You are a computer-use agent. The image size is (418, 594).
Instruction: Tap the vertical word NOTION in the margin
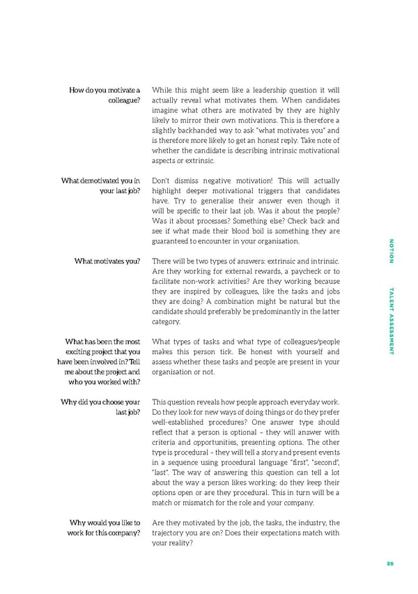click(391, 251)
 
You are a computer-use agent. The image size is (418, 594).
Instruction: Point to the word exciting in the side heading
click(81, 351)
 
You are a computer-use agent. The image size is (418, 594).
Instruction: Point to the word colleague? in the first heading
click(124, 100)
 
